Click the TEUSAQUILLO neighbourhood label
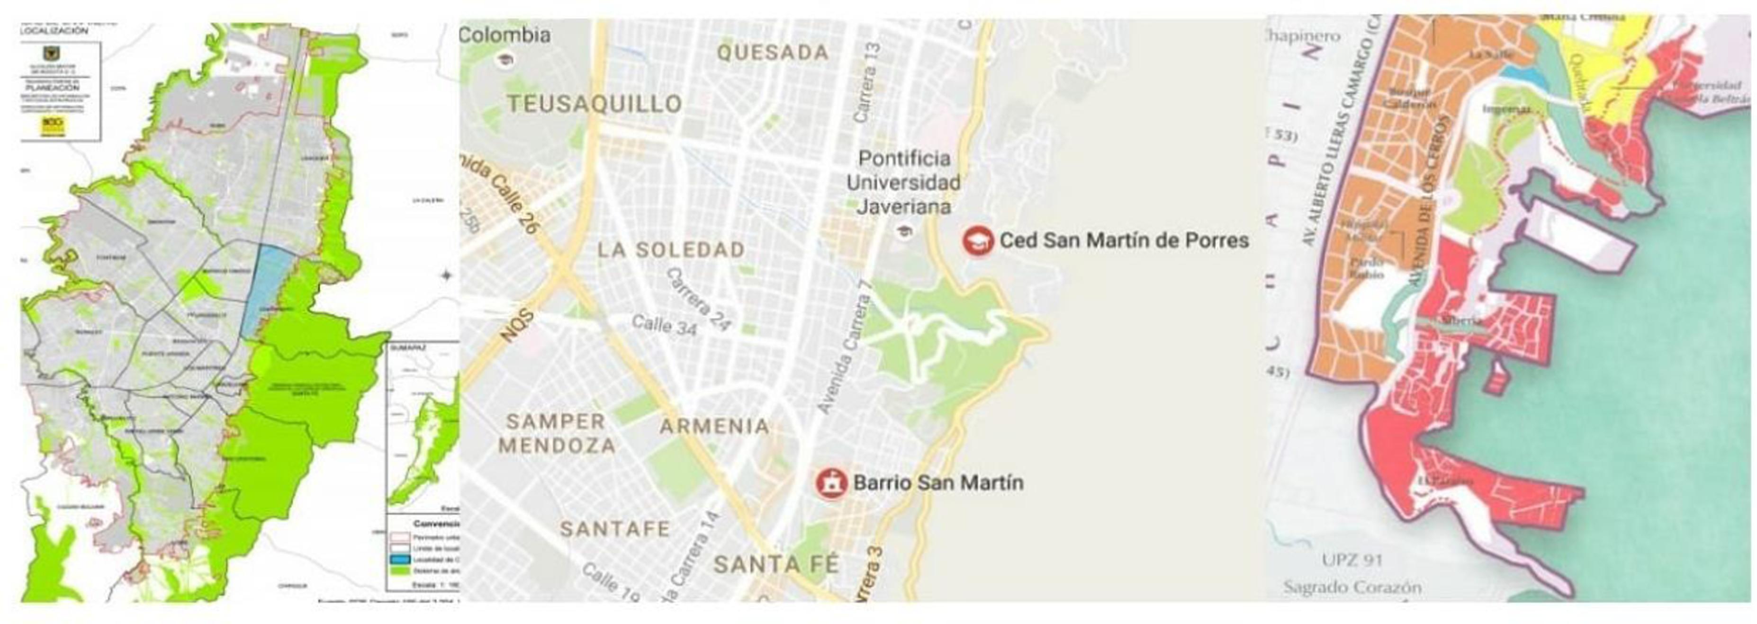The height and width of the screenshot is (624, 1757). (594, 104)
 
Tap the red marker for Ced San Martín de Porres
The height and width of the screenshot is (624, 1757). (977, 241)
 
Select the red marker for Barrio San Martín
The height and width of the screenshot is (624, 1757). (831, 483)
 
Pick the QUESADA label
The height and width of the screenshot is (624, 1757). (773, 53)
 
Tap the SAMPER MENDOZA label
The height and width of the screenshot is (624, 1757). (557, 434)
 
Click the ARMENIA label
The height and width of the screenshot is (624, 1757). (714, 427)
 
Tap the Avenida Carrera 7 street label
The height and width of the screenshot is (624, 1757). (845, 356)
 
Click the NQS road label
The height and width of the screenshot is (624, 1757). (516, 327)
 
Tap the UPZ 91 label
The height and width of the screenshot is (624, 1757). (1352, 561)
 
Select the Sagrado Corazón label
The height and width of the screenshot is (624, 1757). (1352, 587)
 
